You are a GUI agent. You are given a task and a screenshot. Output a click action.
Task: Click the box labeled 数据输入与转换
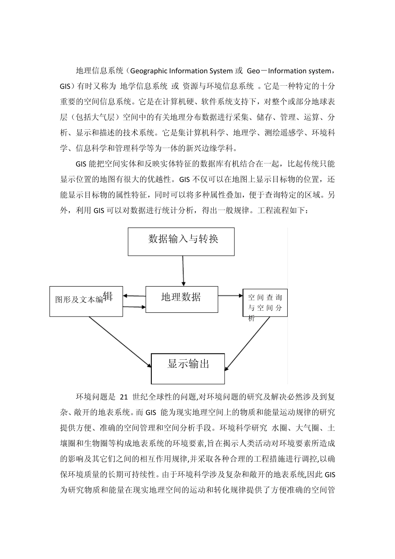click(181, 241)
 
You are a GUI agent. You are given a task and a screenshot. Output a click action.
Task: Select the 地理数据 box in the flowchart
click(181, 299)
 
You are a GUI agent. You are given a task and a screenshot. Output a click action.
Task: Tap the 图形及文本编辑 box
click(86, 301)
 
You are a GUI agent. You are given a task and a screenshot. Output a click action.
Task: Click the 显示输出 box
click(188, 369)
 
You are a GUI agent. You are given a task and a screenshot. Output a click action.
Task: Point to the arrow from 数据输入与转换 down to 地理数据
click(183, 270)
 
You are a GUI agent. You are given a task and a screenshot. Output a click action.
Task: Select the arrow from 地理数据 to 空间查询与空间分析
click(230, 296)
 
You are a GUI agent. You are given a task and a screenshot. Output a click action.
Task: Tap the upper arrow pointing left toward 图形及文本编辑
click(134, 296)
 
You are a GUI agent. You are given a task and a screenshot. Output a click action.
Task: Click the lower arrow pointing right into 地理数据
click(134, 307)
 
